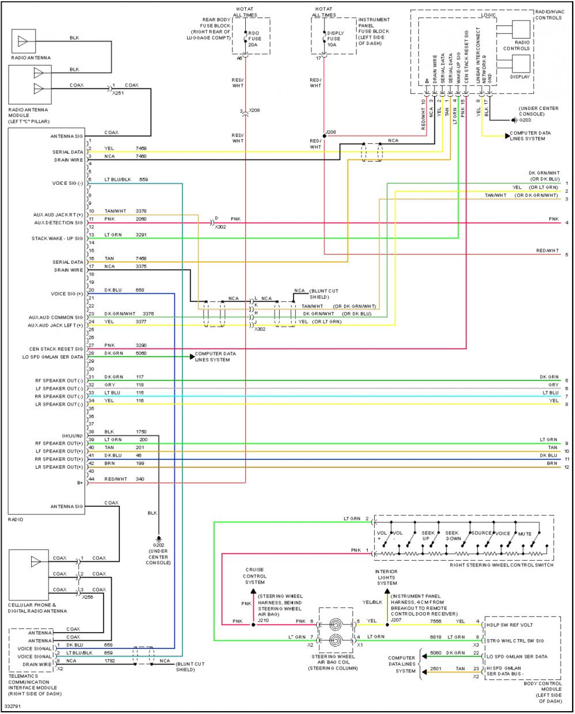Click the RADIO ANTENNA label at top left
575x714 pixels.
[31, 58]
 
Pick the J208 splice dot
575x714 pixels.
[325, 136]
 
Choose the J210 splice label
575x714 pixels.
[263, 620]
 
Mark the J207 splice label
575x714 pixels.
[397, 620]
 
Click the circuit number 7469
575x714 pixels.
[141, 148]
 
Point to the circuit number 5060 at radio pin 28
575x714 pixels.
[141, 353]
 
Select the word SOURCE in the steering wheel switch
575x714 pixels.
[481, 534]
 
